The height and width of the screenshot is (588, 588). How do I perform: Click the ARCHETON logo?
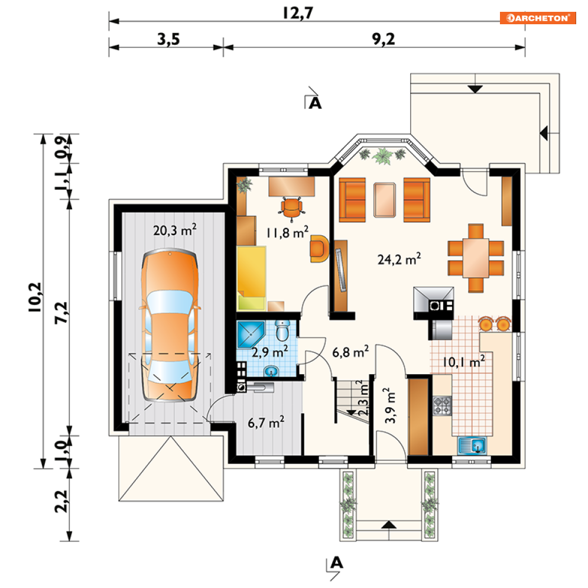coord(538,18)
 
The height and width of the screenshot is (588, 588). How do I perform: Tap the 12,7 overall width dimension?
coord(298,13)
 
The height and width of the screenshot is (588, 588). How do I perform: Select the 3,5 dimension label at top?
coord(168,39)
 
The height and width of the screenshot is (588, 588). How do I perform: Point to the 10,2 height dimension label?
coord(35,297)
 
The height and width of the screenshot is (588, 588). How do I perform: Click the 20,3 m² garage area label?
coord(175,230)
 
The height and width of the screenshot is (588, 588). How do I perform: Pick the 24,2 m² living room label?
coord(399,259)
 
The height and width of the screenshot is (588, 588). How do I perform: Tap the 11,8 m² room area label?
coord(288,232)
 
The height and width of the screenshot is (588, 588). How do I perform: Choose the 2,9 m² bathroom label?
coord(269,352)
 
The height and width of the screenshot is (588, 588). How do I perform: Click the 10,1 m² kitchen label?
coord(464,362)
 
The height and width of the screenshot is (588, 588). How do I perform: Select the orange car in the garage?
coord(170,325)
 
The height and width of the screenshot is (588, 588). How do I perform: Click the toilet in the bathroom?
coord(282,330)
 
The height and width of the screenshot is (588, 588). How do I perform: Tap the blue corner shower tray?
coord(251,334)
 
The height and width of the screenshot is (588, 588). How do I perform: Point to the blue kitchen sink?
coord(472,446)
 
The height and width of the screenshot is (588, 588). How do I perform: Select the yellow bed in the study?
coord(251,278)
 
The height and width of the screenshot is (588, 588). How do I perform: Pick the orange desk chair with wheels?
coord(291,209)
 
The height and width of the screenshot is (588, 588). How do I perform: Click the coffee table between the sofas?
coord(384,200)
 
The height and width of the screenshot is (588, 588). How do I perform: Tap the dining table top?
coord(476,258)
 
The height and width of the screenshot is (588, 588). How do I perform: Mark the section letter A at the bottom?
coord(337,563)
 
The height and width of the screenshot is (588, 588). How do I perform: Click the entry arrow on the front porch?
coord(389,525)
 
